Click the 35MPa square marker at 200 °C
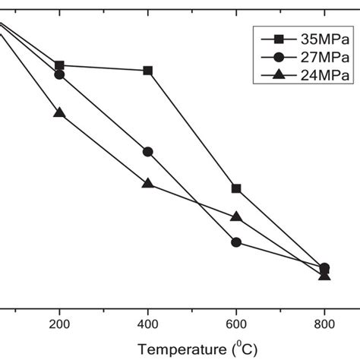point(59,65)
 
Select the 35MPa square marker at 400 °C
point(148,71)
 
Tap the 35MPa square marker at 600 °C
point(236,188)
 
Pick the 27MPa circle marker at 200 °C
point(59,74)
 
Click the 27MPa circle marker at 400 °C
point(148,152)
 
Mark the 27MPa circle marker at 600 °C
point(236,242)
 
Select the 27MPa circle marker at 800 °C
point(325,268)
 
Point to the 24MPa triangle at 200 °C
point(59,112)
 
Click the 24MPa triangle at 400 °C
point(148,183)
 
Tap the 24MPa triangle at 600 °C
point(236,216)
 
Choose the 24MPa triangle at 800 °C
point(325,275)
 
